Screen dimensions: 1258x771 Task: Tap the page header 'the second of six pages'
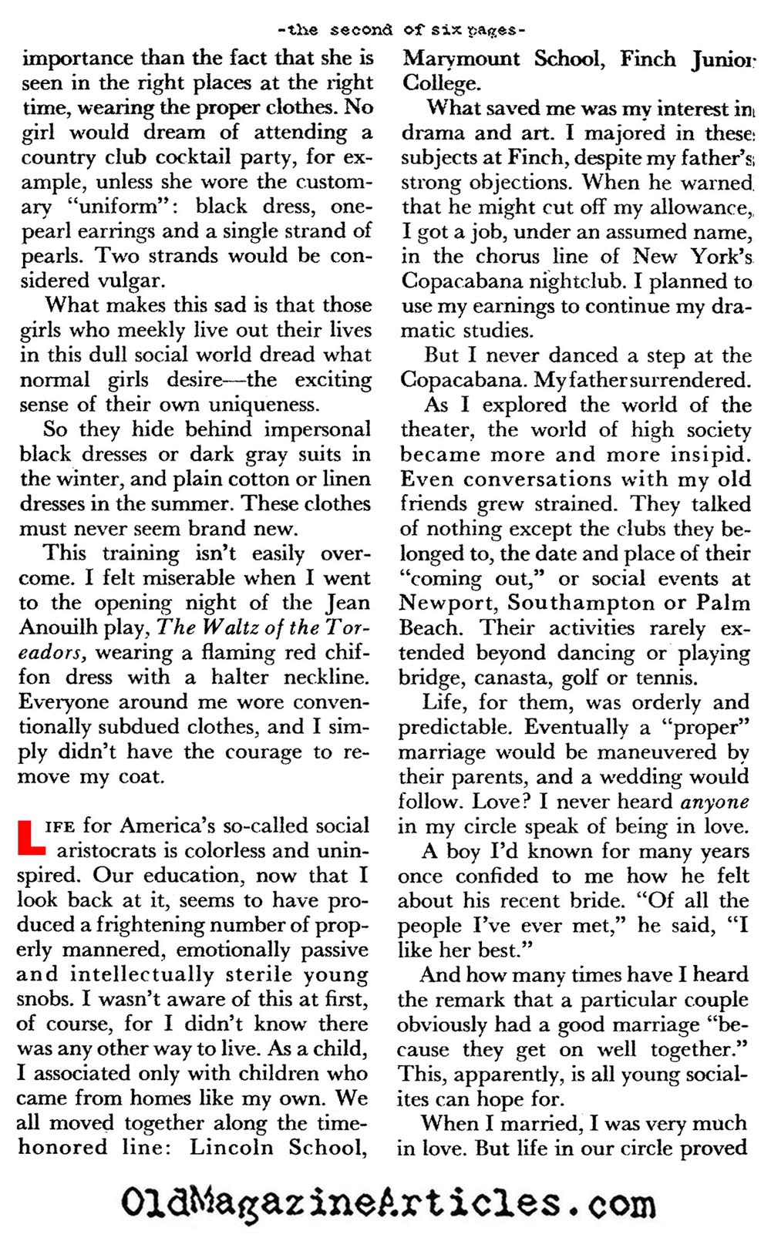tap(402, 30)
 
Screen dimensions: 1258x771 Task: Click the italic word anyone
tap(715, 801)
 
